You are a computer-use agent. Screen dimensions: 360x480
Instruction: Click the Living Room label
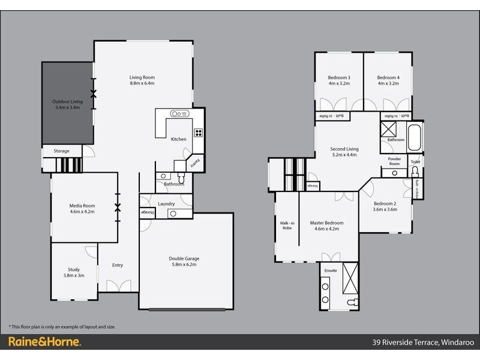pos(142,77)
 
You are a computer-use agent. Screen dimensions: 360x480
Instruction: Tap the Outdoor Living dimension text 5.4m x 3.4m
pos(67,109)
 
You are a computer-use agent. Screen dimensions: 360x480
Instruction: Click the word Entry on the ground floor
pos(118,265)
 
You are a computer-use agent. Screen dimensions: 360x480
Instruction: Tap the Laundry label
pos(166,204)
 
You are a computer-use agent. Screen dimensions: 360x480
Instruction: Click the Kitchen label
pos(179,139)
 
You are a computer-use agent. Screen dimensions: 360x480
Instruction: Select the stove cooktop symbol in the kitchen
pos(198,133)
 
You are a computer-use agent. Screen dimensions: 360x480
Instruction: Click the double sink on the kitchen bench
pos(179,113)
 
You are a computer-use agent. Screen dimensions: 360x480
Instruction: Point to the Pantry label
pos(195,161)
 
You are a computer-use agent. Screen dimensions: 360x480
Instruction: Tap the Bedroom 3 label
pos(339,77)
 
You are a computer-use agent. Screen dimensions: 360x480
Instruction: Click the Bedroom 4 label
pos(388,77)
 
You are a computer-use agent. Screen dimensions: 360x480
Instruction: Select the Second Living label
pos(344,149)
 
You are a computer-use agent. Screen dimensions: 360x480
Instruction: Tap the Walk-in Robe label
pos(287,225)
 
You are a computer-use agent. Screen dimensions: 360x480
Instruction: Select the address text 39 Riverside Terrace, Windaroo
pos(423,342)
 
